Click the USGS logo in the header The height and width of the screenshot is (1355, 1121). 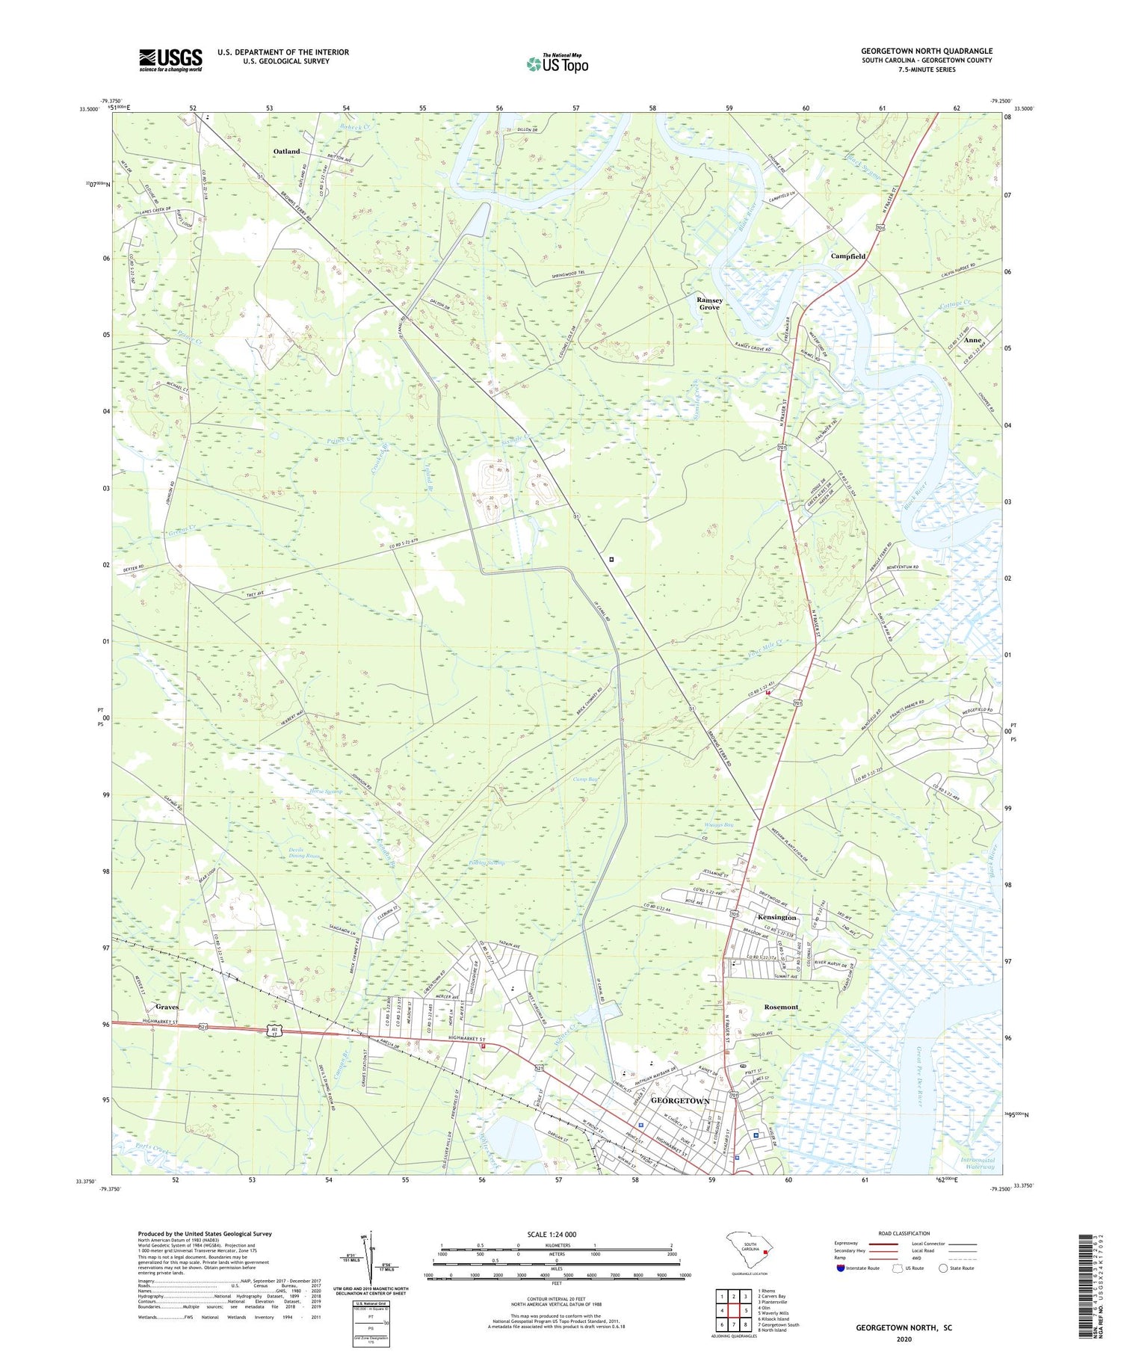[x=170, y=60]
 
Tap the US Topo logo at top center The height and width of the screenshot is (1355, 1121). [x=557, y=63]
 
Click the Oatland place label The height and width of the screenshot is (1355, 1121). [x=286, y=152]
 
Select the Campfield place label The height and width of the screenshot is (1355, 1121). [x=848, y=256]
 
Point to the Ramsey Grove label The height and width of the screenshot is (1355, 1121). [x=709, y=303]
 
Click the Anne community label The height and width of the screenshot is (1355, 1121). [x=972, y=340]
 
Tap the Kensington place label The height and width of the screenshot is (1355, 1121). [x=777, y=917]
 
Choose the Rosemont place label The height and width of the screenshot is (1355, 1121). [x=781, y=1007]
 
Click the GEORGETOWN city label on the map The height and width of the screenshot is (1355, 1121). [x=680, y=1102]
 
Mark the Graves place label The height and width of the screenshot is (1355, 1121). [x=167, y=1007]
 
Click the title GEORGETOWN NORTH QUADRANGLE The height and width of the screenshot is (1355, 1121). [x=926, y=51]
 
